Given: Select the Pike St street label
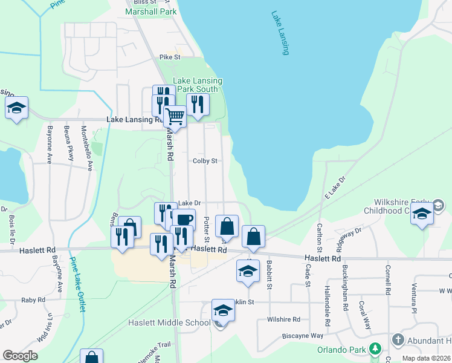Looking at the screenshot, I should pos(170,57).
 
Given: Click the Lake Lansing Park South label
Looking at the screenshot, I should pos(198,85).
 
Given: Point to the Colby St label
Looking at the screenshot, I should pos(205,162).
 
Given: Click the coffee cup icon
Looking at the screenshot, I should pos(184,218).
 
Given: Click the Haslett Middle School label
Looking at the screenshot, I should pos(169,322).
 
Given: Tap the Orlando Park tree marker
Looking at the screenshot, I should pos(375,349).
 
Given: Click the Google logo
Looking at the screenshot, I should pos(20,356).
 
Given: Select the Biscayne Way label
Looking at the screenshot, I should pos(303,335).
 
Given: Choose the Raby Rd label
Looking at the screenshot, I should pos(33,299).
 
